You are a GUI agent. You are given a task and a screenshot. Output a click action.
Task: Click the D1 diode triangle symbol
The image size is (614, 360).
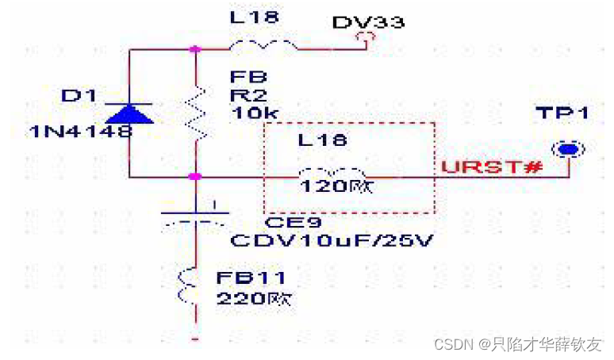(130, 113)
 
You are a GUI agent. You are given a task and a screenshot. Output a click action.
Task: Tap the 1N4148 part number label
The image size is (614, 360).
(81, 131)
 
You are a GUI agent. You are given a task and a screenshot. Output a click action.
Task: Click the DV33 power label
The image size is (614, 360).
(367, 22)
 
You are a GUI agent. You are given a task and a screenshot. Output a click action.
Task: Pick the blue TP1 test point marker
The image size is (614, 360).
(566, 149)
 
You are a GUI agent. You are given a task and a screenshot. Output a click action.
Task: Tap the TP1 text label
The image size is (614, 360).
(562, 113)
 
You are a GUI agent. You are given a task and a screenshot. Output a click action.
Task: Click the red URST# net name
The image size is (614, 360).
(491, 167)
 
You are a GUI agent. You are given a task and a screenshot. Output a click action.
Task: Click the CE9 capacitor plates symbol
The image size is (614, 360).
(195, 216)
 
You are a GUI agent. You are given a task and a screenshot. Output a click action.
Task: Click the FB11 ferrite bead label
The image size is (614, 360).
(251, 279)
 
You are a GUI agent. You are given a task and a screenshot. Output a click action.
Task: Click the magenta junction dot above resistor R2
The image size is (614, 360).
(195, 49)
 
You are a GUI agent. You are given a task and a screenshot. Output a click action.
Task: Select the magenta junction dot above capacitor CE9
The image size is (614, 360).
(195, 176)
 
